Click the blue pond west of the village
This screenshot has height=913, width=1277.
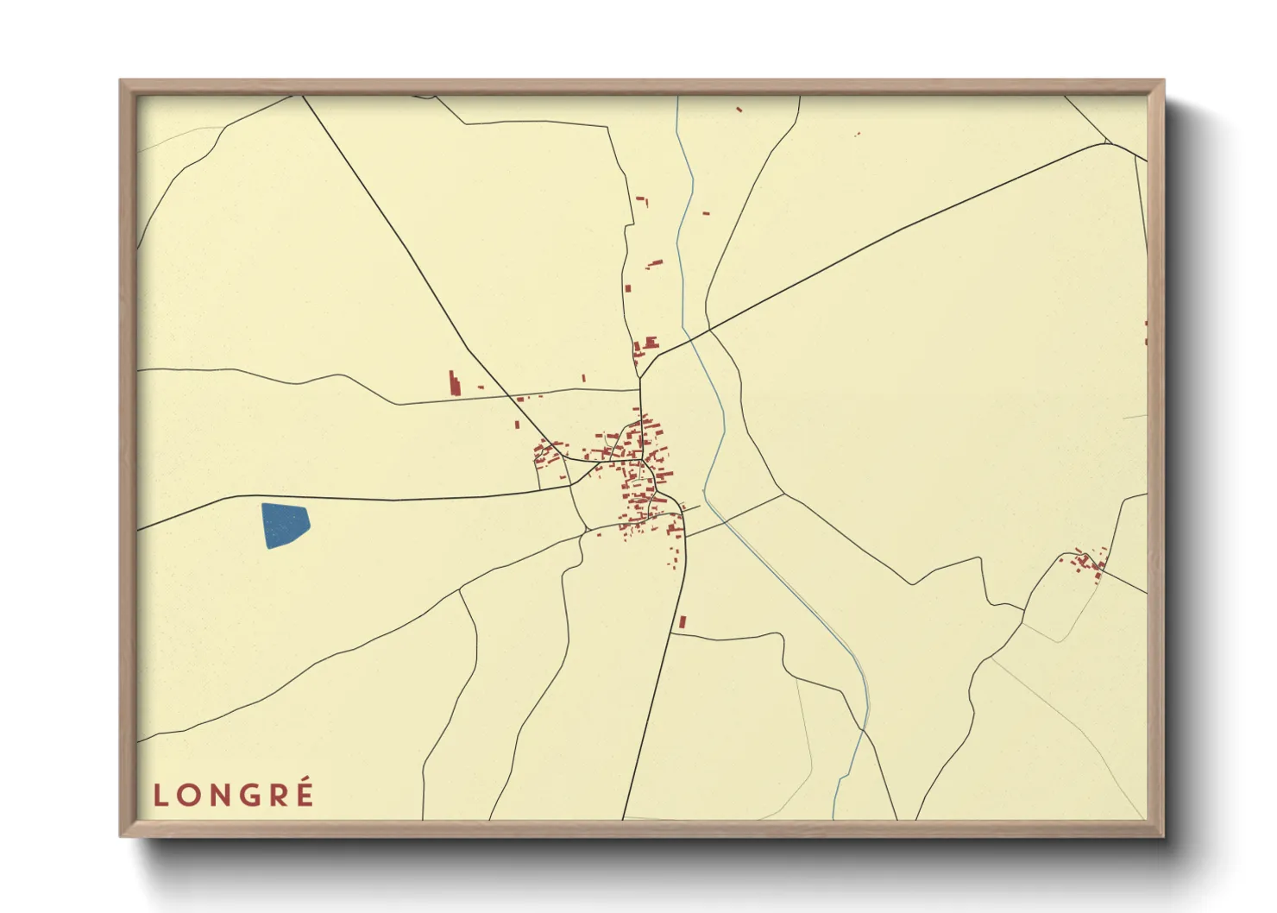click(285, 525)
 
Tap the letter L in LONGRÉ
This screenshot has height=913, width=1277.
click(160, 796)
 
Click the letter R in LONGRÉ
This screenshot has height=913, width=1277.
click(277, 796)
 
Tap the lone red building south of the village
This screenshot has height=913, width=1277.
click(682, 621)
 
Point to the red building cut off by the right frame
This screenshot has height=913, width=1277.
click(1145, 332)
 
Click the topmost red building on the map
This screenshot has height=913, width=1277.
click(739, 110)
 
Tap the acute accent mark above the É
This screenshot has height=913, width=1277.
click(307, 782)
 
